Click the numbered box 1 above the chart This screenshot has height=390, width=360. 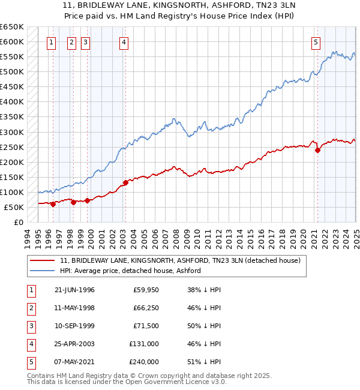point(51,42)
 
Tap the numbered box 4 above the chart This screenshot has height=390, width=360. point(123,42)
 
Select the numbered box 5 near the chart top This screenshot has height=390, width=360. point(316,42)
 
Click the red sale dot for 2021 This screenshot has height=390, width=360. point(317,151)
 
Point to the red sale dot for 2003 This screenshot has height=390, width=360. point(125,182)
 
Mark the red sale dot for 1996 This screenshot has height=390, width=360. point(53,204)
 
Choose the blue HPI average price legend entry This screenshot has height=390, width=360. point(130,271)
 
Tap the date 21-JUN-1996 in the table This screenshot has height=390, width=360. point(74,290)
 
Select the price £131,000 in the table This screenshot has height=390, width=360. point(144,344)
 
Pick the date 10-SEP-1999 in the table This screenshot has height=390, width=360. point(74,326)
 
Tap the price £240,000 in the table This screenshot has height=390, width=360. point(144,362)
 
